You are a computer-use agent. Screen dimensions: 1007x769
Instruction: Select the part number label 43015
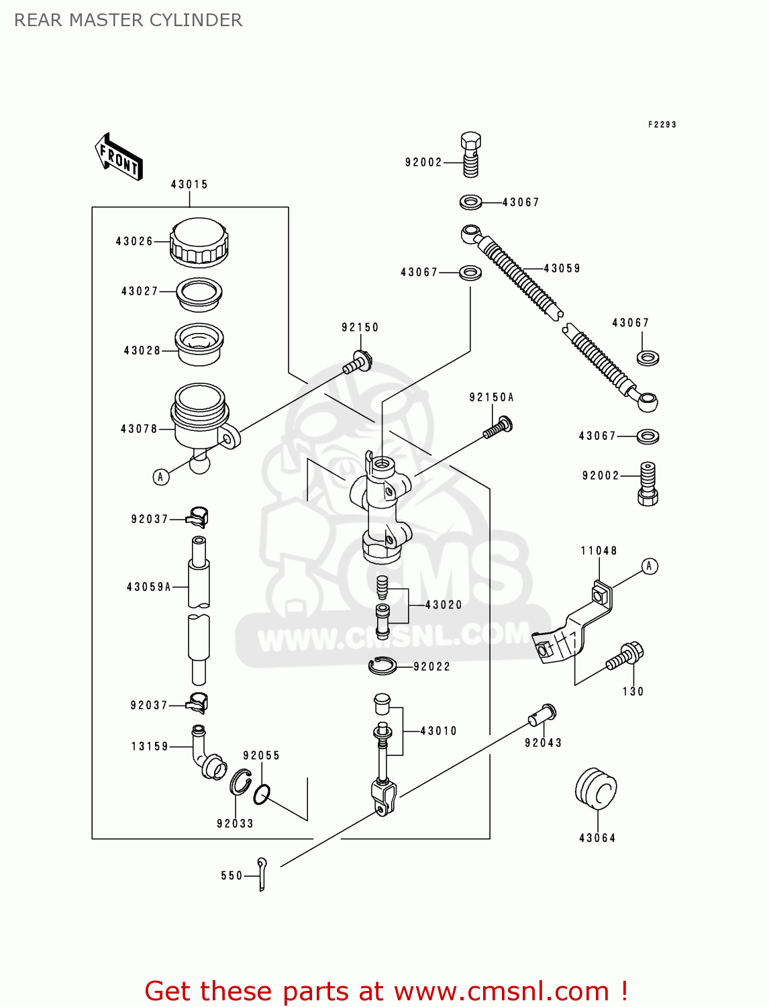[189, 185]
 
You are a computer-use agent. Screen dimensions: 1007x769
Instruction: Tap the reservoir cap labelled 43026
[199, 242]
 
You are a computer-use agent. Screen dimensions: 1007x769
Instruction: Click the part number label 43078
[139, 429]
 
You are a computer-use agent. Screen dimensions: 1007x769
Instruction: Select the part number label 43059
[562, 269]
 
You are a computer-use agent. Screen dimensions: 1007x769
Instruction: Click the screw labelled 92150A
[499, 427]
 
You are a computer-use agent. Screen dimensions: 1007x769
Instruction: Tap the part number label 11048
[599, 551]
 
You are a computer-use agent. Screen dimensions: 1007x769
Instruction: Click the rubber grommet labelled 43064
[596, 789]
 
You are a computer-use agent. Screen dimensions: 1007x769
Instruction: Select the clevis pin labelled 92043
[542, 714]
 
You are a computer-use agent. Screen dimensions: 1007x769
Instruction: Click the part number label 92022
[431, 667]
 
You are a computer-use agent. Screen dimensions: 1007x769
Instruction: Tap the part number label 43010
[438, 731]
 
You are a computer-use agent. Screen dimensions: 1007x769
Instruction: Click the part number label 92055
[261, 756]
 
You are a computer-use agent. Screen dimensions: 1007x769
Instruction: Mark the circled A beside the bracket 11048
[649, 567]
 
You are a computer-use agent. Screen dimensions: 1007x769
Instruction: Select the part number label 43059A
[149, 587]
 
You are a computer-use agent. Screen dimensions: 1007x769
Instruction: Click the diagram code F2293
[662, 125]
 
